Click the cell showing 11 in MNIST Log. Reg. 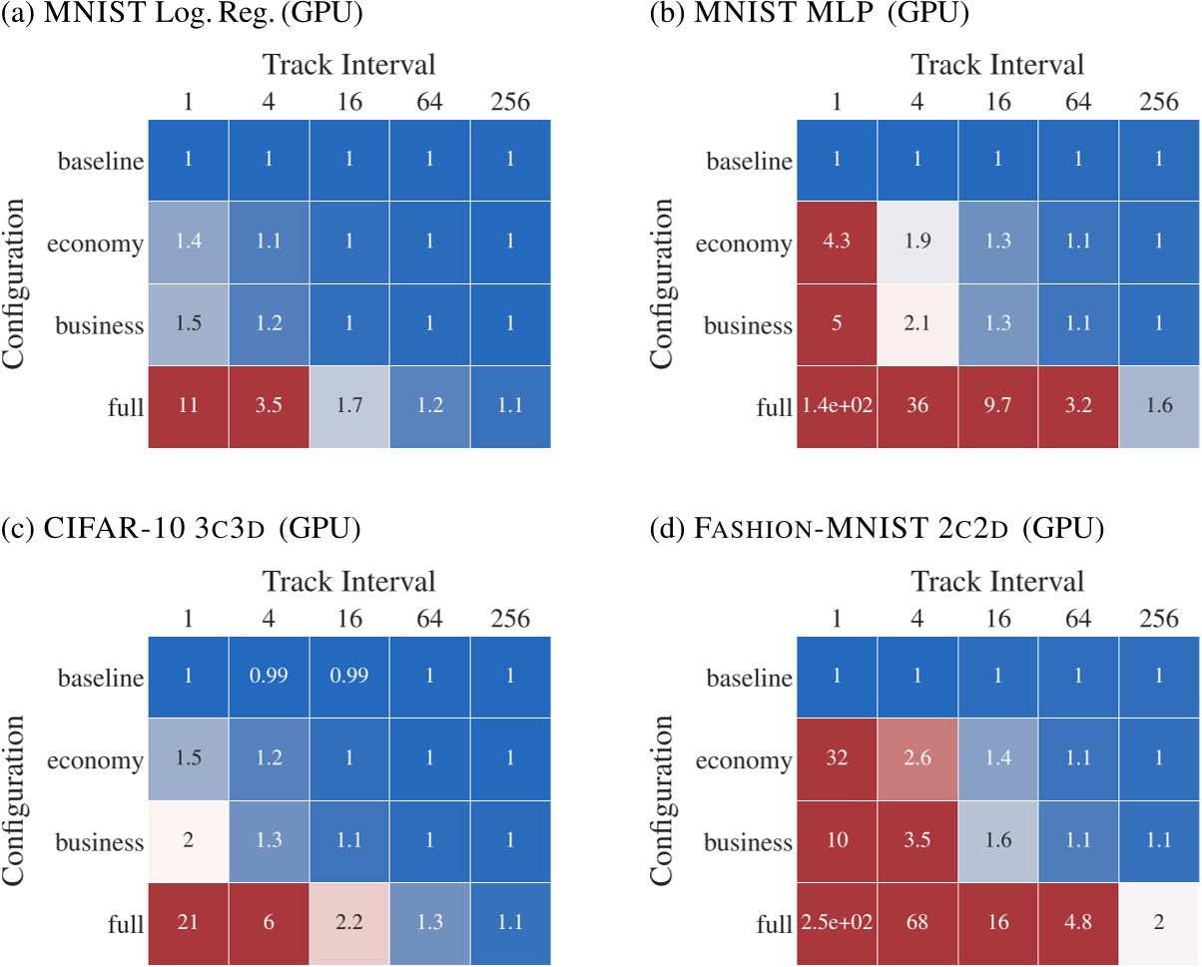188,407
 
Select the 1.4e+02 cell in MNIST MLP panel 836,407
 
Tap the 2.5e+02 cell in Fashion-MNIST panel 836,924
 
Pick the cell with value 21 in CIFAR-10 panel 188,924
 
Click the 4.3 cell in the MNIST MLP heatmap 836,242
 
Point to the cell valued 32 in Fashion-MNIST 836,760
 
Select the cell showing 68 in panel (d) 916,924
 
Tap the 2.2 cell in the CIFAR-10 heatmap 349,924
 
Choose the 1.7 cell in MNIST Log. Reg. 349,407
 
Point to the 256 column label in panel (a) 511,101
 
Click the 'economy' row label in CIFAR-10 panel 95,760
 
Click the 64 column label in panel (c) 430,618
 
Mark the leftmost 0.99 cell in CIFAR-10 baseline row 269,679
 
